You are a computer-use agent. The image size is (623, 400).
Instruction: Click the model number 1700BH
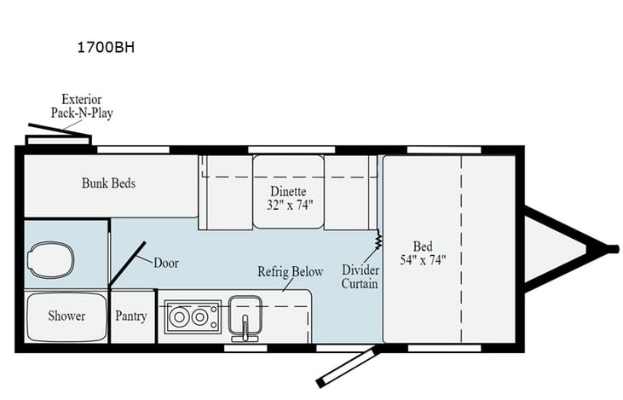click(106, 47)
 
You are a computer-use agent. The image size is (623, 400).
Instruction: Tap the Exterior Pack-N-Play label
click(82, 106)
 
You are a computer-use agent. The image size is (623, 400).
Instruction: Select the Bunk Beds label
click(108, 183)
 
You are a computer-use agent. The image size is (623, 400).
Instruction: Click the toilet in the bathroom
click(51, 260)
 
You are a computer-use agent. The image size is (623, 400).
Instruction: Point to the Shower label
click(66, 316)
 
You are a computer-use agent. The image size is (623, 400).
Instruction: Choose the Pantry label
click(131, 316)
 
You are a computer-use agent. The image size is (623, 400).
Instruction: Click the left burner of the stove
click(179, 317)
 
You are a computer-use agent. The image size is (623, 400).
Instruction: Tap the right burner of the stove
click(199, 317)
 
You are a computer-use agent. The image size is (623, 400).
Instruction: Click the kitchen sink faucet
click(245, 328)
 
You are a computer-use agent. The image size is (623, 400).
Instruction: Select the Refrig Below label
click(290, 271)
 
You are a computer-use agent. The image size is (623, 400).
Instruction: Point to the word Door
click(166, 263)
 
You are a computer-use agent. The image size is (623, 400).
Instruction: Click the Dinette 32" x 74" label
click(290, 198)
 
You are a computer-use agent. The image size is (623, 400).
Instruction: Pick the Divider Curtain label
click(360, 276)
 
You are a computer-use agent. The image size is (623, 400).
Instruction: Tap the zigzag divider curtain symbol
click(378, 240)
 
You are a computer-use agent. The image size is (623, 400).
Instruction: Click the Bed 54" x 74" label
click(423, 253)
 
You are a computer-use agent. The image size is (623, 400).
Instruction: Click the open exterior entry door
click(347, 367)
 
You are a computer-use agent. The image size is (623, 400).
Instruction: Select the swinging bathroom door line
click(127, 264)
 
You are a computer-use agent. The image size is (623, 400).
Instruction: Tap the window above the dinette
click(291, 150)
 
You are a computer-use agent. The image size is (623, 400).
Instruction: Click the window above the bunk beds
click(134, 150)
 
